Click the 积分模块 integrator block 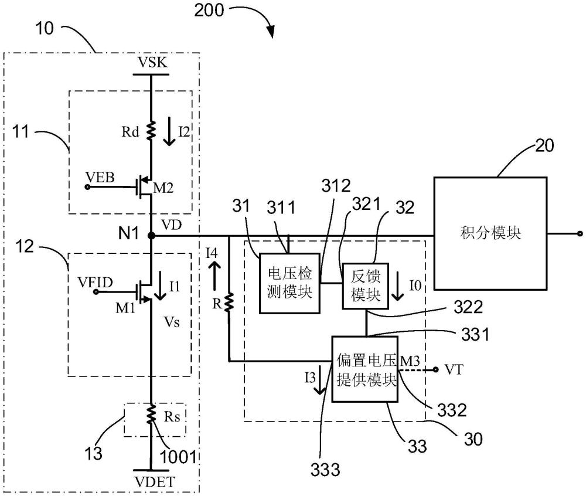pyautogui.click(x=490, y=233)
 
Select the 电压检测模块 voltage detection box pyautogui.click(x=289, y=282)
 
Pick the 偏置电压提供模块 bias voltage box pyautogui.click(x=365, y=369)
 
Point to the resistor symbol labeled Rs pyautogui.click(x=151, y=416)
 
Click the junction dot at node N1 pyautogui.click(x=152, y=236)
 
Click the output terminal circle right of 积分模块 pyautogui.click(x=580, y=233)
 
